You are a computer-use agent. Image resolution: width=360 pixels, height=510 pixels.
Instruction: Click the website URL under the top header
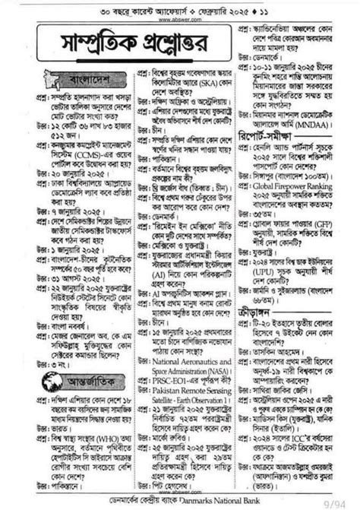pos(180,21)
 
